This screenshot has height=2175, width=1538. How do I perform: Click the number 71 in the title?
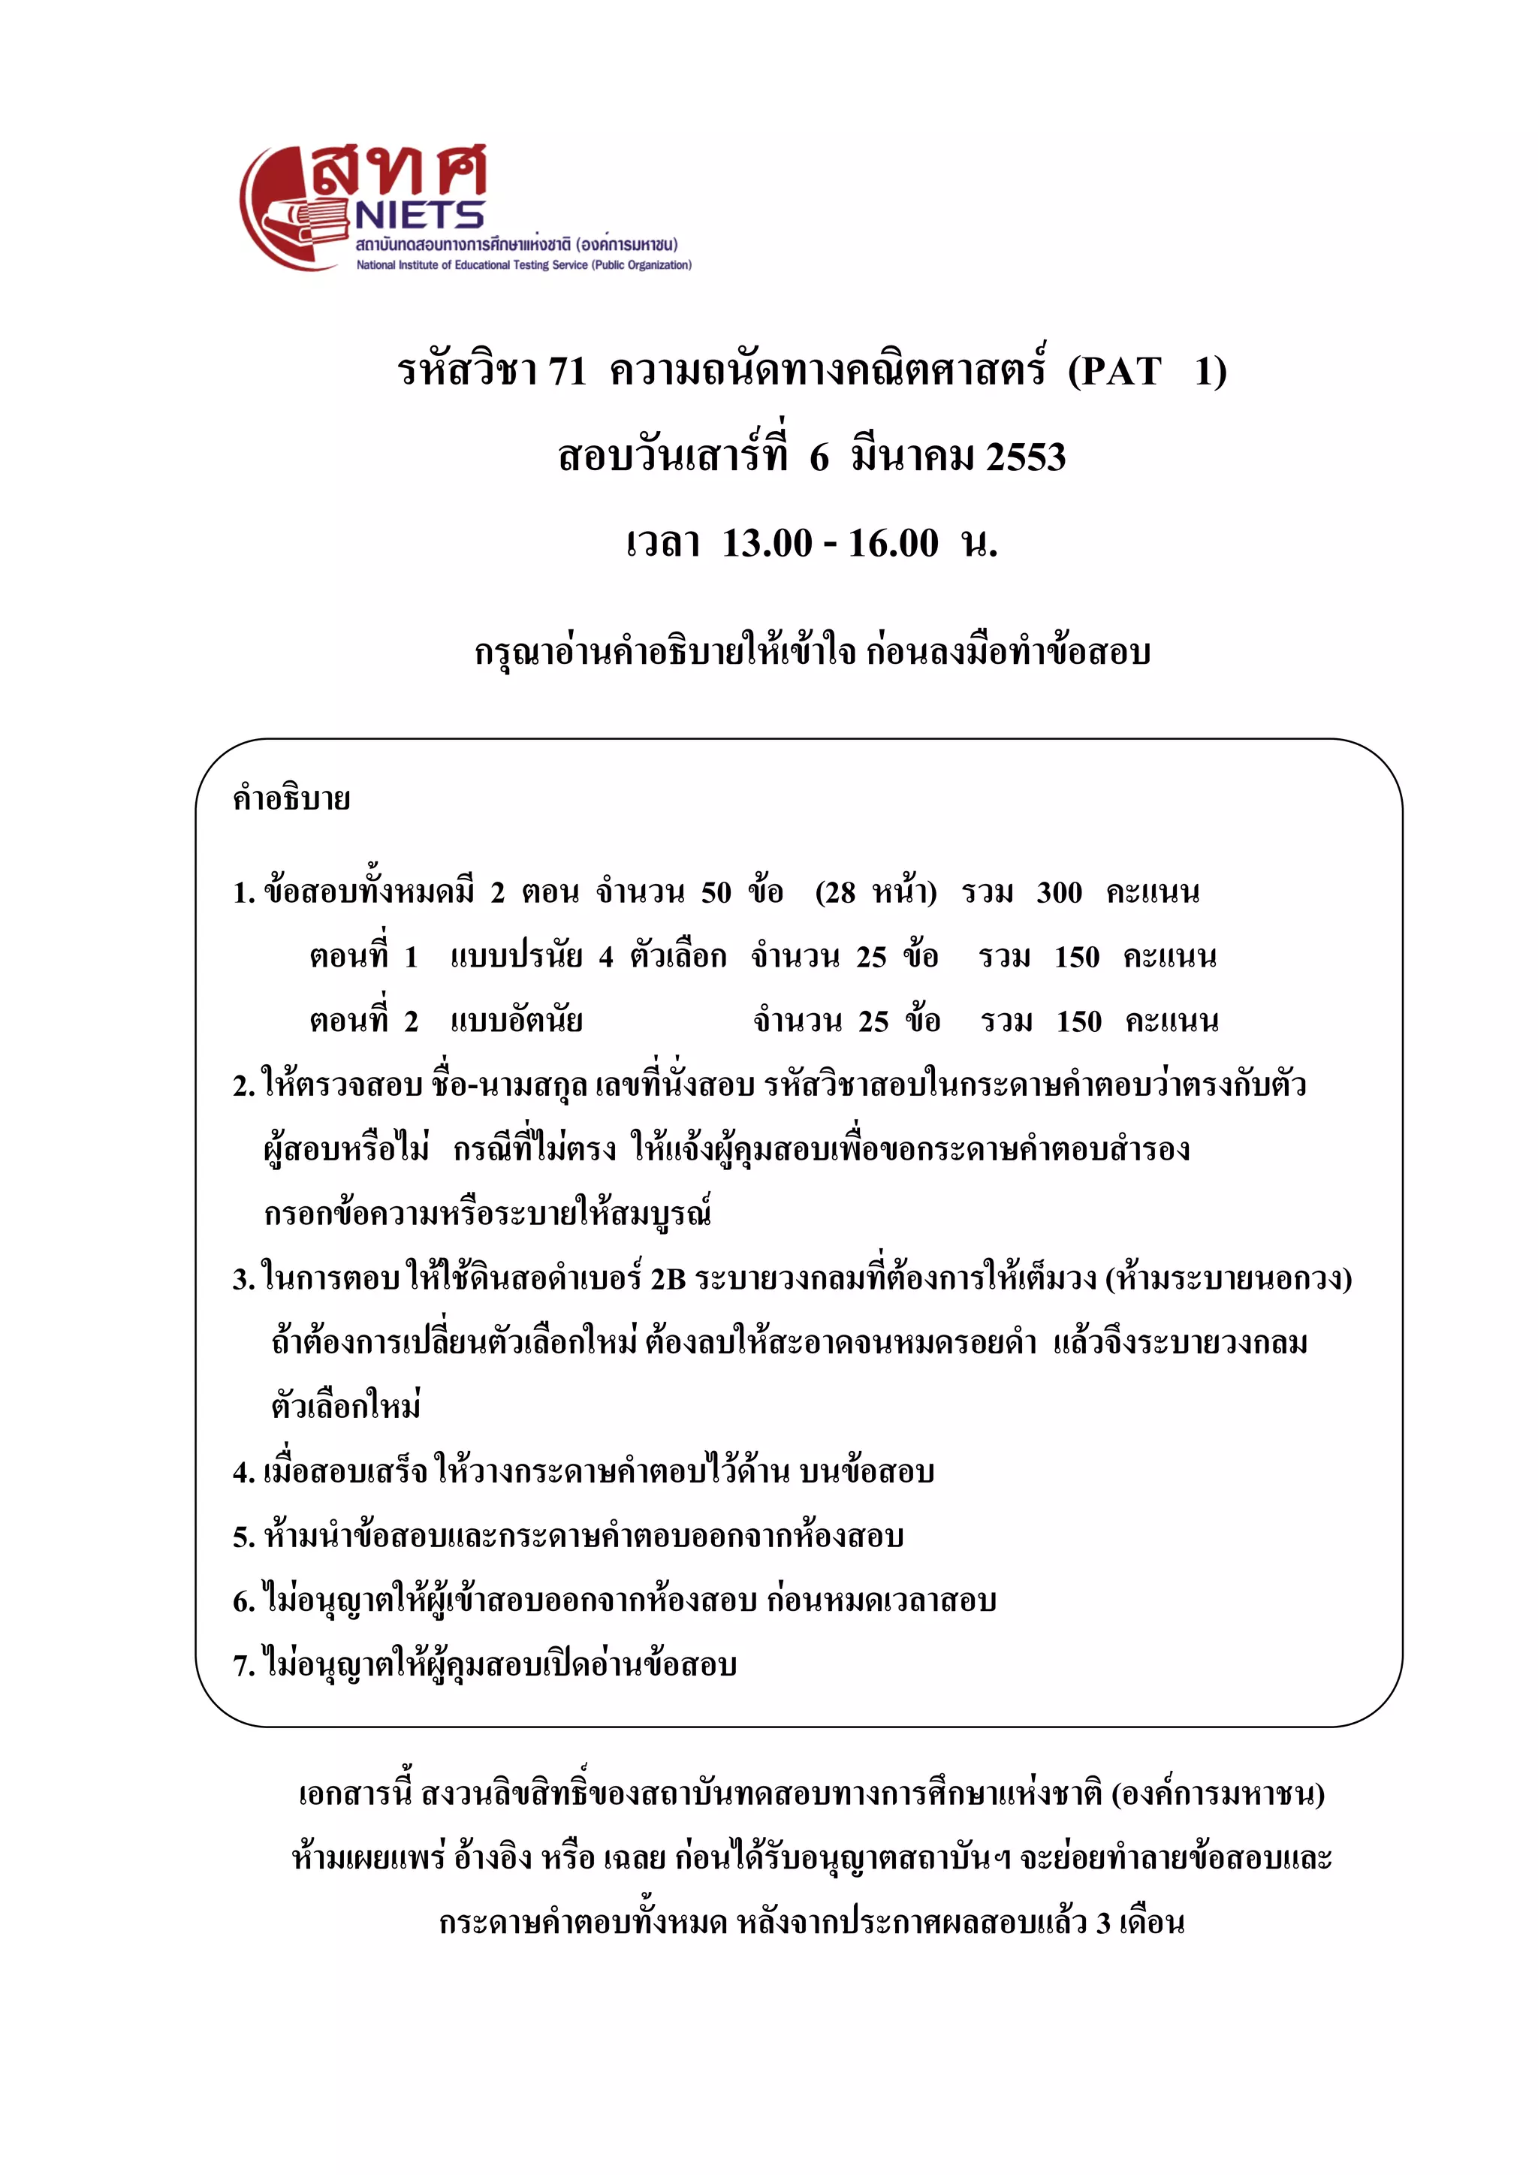pyautogui.click(x=566, y=370)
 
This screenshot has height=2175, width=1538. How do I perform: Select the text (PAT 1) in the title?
pyautogui.click(x=1147, y=370)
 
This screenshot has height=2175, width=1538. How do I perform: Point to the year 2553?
pyautogui.click(x=1026, y=457)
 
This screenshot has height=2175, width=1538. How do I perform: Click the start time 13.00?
pyautogui.click(x=767, y=544)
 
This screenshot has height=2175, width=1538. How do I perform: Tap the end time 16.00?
pyautogui.click(x=893, y=544)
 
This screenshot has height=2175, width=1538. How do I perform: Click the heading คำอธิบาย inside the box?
pyautogui.click(x=291, y=798)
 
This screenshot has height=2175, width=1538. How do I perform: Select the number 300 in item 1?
pyautogui.click(x=1059, y=892)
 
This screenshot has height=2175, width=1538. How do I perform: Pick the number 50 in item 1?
pyautogui.click(x=716, y=892)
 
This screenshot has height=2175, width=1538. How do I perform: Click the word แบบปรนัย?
pyautogui.click(x=516, y=957)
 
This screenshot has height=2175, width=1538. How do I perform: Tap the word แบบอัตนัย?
pyautogui.click(x=516, y=1021)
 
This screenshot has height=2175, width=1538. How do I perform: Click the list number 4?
pyautogui.click(x=242, y=1473)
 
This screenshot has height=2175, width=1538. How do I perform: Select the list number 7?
pyautogui.click(x=242, y=1667)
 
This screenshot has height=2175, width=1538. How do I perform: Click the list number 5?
pyautogui.click(x=242, y=1537)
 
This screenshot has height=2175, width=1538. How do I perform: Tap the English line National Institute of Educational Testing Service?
pyautogui.click(x=523, y=265)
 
